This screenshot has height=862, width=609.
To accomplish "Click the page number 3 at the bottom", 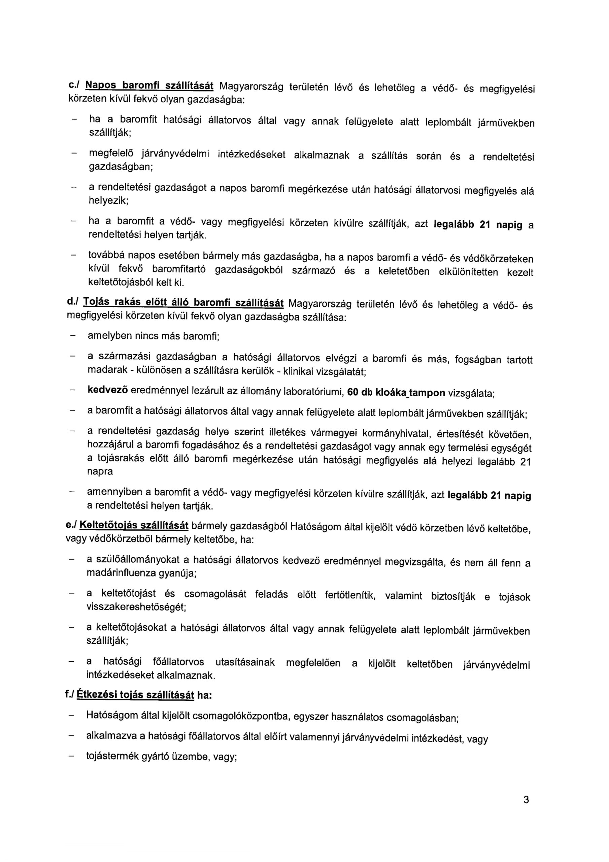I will point(526,810).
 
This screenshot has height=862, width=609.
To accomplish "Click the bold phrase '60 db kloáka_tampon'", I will point(396,393).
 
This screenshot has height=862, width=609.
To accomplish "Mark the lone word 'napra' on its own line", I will point(100,471).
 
